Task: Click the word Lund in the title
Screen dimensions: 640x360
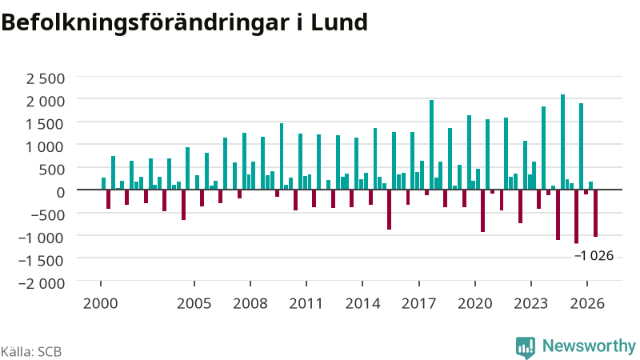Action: pyautogui.click(x=339, y=22)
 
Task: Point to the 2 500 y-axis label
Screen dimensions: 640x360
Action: pyautogui.click(x=46, y=78)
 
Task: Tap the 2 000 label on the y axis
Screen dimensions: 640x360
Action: pyautogui.click(x=46, y=102)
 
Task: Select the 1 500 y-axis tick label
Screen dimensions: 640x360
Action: pyautogui.click(x=46, y=124)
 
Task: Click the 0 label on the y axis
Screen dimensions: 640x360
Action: pyautogui.click(x=61, y=192)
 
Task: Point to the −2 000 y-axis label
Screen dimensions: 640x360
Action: pyautogui.click(x=42, y=283)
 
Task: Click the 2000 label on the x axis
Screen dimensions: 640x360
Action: pyautogui.click(x=101, y=303)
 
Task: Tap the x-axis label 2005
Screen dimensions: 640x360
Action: pyautogui.click(x=194, y=303)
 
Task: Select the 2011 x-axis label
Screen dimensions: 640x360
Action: pyautogui.click(x=306, y=303)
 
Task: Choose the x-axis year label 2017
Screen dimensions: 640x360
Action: pyautogui.click(x=418, y=303)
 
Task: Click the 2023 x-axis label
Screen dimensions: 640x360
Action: pyautogui.click(x=530, y=303)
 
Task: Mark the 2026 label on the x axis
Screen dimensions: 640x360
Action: pyautogui.click(x=587, y=303)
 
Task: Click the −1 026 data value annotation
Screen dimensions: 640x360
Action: pyautogui.click(x=594, y=255)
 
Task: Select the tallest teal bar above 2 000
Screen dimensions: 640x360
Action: pyautogui.click(x=563, y=142)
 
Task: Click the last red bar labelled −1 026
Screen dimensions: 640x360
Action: pyautogui.click(x=595, y=213)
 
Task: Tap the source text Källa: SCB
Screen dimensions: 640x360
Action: pyautogui.click(x=31, y=351)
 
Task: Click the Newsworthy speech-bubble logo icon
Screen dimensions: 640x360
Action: pyautogui.click(x=526, y=347)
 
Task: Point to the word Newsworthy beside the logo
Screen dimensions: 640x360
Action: pyautogui.click(x=589, y=346)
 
